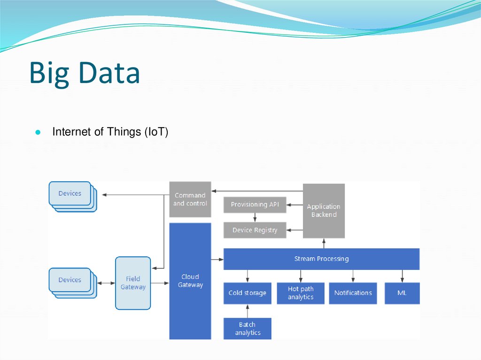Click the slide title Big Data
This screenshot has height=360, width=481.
[85, 73]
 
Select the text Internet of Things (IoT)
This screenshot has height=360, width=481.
[110, 132]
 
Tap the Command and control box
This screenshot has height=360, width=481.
[190, 199]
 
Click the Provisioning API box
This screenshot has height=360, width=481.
[255, 205]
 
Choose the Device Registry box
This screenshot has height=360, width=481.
[255, 230]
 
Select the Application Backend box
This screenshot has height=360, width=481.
[324, 211]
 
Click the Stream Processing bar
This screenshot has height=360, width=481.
[321, 259]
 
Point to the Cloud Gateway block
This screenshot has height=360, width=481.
[190, 281]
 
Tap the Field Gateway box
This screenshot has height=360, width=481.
[133, 283]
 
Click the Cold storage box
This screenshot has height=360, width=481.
[247, 293]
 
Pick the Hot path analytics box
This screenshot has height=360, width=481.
[301, 293]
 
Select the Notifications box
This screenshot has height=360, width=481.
[353, 293]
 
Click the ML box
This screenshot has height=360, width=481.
[402, 293]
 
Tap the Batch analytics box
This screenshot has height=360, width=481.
[247, 329]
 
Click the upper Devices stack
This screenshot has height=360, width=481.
[70, 194]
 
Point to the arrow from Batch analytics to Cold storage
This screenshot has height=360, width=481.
[248, 311]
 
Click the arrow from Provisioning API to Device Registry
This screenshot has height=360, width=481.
[255, 217]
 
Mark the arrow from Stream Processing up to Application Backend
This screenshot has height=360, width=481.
[324, 243]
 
